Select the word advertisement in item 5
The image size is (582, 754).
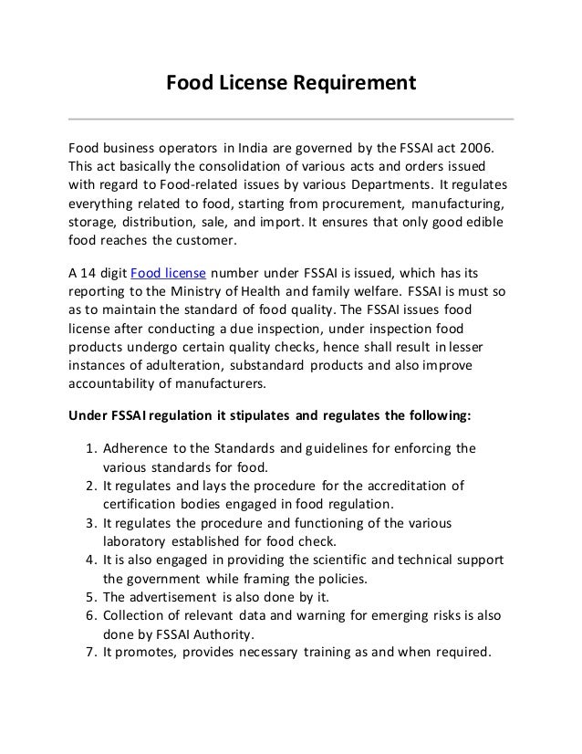(x=175, y=592)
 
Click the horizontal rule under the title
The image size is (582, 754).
(x=291, y=119)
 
